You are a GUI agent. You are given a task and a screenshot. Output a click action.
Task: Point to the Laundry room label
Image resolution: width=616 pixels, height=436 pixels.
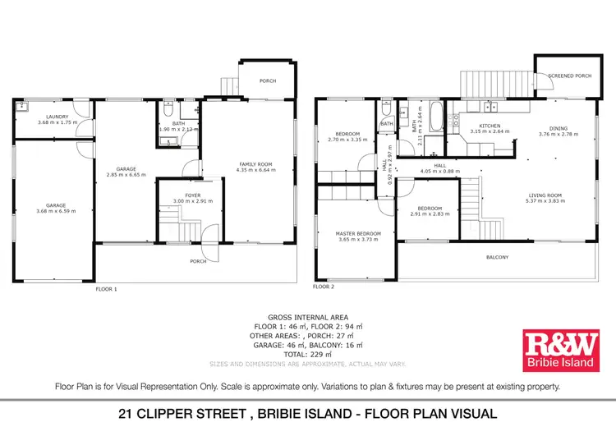(57, 117)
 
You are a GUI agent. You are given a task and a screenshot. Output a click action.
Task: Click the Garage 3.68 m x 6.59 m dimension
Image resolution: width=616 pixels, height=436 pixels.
(57, 212)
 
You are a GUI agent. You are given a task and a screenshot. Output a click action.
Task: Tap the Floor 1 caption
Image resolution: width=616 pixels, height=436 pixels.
(107, 289)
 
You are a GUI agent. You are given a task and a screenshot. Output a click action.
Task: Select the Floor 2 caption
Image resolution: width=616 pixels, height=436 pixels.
(324, 287)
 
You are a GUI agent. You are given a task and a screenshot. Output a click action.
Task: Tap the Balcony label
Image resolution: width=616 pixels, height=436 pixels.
(496, 258)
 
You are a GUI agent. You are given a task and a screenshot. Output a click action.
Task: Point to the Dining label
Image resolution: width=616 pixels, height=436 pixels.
(559, 128)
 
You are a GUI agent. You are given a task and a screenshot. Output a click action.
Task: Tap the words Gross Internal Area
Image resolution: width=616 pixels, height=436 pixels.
(308, 317)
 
